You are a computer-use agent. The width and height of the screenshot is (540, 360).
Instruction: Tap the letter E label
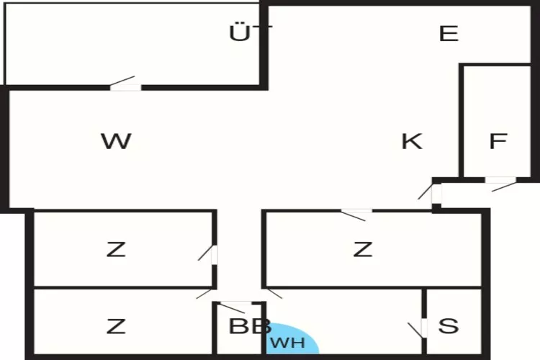(x=449, y=33)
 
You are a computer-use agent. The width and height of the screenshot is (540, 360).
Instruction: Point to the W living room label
(x=116, y=141)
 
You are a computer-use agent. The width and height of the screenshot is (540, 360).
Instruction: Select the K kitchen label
(x=412, y=141)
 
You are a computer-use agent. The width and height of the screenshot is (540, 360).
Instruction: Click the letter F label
(x=498, y=141)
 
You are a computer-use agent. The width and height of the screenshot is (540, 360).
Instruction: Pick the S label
(x=449, y=325)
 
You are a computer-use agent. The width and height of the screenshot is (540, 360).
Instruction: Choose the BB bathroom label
(x=249, y=326)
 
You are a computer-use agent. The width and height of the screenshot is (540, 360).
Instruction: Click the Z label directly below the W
(x=116, y=250)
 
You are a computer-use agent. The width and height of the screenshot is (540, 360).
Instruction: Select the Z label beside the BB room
(x=116, y=326)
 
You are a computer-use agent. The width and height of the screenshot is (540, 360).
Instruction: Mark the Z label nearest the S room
(x=363, y=250)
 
